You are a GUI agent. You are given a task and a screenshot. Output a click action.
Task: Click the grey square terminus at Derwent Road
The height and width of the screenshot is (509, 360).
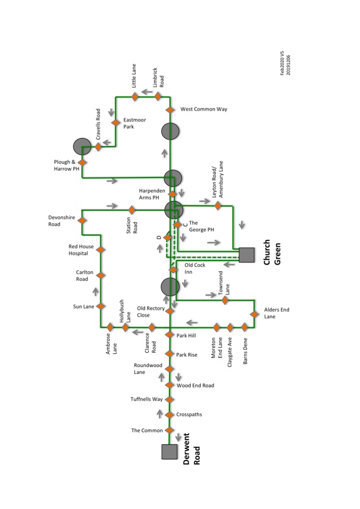point(169,452)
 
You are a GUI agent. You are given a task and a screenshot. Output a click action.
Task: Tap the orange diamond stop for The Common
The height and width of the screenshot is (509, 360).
point(169,430)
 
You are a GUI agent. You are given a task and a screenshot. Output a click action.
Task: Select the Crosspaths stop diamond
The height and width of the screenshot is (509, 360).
point(169,415)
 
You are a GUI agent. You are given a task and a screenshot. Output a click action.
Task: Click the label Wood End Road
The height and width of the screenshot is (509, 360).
point(195,385)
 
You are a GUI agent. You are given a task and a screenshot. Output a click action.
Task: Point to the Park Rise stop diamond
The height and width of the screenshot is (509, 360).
point(169,354)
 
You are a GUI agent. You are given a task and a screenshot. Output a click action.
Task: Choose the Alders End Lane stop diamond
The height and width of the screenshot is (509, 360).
point(254,314)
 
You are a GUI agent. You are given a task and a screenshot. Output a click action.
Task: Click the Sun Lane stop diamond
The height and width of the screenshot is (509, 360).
point(101,306)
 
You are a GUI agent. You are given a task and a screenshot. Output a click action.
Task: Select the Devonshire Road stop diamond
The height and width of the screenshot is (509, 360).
point(82,220)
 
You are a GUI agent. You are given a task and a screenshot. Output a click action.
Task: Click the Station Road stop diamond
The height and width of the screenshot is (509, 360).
point(131,210)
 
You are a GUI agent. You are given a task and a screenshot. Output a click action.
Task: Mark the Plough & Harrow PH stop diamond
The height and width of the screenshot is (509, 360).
point(82,163)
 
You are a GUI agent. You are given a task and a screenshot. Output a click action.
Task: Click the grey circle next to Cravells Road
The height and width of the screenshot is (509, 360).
point(81,147)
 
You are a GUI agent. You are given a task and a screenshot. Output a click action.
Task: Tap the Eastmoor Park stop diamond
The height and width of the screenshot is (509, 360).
point(116,123)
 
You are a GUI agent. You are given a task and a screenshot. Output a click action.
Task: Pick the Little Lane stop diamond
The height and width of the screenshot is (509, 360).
point(135,97)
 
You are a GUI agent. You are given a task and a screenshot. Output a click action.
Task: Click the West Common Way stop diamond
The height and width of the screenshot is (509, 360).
point(170,109)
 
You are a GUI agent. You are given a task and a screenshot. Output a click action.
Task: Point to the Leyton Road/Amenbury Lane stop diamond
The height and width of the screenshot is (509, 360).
point(217,205)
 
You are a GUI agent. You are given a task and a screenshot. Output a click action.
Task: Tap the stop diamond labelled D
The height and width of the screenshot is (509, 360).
point(167,238)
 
